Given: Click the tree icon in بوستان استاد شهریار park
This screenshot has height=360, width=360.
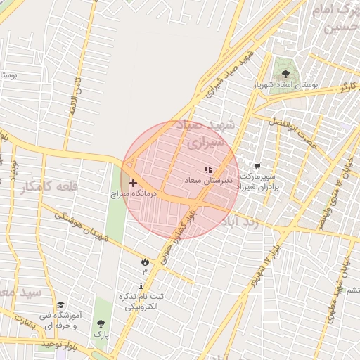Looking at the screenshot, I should point(285,73).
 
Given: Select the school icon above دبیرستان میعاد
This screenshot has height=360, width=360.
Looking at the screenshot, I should point(207,169).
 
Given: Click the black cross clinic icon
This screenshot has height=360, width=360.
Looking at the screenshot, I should point(133,183).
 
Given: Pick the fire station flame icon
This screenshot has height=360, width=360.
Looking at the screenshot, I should point(146,262).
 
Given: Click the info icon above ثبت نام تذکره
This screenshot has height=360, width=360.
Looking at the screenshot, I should point(143,286).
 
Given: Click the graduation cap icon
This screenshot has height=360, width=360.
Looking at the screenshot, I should point(61,306).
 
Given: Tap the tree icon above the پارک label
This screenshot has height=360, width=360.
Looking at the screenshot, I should point(101,323).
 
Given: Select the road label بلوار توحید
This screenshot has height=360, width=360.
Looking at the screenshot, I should point(56,344).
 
